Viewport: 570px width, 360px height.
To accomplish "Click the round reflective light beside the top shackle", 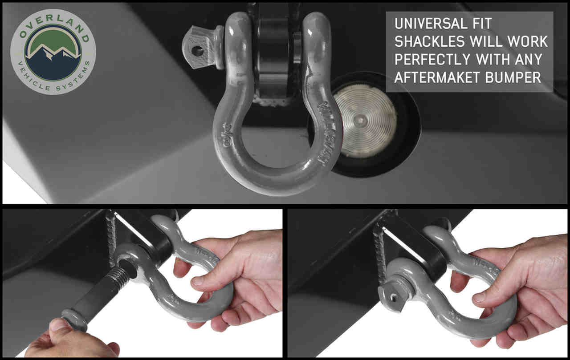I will coord(365,120).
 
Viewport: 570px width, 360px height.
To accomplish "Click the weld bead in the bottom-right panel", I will coord(379,249).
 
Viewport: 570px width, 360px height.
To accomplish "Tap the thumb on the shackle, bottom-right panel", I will coord(483,297).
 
